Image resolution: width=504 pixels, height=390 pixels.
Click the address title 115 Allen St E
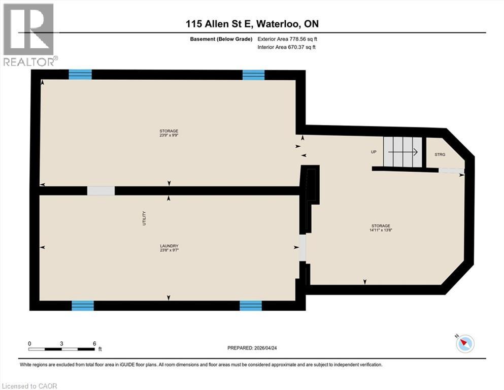pyautogui.click(x=252, y=24)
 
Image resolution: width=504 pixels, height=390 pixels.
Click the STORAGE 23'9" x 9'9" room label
pyautogui.click(x=169, y=133)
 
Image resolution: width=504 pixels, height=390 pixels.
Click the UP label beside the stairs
pyautogui.click(x=374, y=151)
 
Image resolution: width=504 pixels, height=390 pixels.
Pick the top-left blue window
pyautogui.click(x=80, y=75)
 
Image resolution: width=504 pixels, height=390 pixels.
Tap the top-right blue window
pyautogui.click(x=253, y=75)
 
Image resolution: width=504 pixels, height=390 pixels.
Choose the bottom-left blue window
pyautogui.click(x=83, y=305)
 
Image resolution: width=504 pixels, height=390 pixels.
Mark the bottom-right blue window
pyautogui.click(x=251, y=305)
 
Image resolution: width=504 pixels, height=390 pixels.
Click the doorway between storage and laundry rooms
pyautogui.click(x=101, y=191)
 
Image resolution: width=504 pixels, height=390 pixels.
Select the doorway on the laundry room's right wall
pyautogui.click(x=303, y=247)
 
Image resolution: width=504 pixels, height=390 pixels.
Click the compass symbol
pyautogui.click(x=464, y=344)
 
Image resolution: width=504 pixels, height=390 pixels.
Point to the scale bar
pyautogui.click(x=62, y=349)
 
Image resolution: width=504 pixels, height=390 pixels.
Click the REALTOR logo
pyautogui.click(x=28, y=35)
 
